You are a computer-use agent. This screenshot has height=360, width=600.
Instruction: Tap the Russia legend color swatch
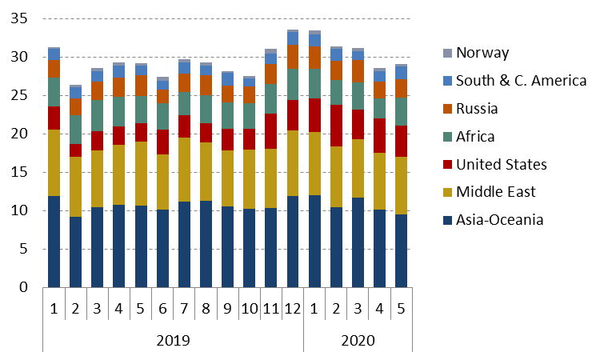coord(446,109)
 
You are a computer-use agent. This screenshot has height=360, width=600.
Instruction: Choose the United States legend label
coord(501,164)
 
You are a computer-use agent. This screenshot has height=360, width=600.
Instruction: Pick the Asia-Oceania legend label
coord(500,219)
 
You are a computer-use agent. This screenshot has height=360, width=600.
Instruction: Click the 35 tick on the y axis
coord(20,19)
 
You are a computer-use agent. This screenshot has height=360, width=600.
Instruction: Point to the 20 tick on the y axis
coord(20,134)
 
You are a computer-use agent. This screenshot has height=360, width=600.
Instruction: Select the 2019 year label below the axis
coord(173,339)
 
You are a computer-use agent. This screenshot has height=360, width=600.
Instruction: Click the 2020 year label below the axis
coord(358,339)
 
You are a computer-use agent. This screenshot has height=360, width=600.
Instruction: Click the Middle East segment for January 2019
coord(54,162)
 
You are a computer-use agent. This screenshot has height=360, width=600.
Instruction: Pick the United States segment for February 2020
coord(336,126)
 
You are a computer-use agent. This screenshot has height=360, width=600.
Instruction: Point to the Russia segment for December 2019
coord(293,56)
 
